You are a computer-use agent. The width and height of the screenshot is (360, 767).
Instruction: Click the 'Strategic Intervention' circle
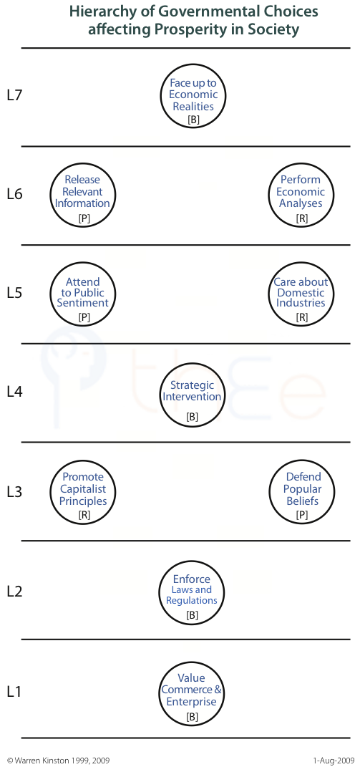pyautogui.click(x=192, y=363)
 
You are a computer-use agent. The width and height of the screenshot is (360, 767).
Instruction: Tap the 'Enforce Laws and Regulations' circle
pyautogui.click(x=192, y=561)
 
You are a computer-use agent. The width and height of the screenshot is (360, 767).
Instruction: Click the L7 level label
pyautogui.click(x=15, y=95)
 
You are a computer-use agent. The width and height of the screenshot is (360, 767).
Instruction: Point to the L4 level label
pyautogui.click(x=15, y=391)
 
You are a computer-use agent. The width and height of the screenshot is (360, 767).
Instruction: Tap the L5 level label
pyautogui.click(x=15, y=292)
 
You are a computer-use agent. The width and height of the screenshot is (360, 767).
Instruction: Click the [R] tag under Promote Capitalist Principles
pyautogui.click(x=84, y=515)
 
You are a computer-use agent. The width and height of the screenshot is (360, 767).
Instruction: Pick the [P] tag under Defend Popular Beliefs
pyautogui.click(x=302, y=515)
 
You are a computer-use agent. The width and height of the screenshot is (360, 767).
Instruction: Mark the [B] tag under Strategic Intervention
pyautogui.click(x=193, y=417)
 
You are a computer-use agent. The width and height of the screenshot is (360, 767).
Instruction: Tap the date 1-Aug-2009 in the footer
pyautogui.click(x=334, y=761)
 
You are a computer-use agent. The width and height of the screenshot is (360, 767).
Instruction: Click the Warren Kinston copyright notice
pyautogui.click(x=58, y=761)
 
